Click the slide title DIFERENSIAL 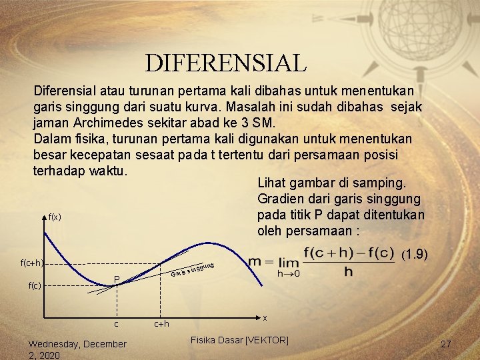coord(226,63)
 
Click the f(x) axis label coord(55,217)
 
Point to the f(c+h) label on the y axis coord(32,263)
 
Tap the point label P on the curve coord(116,279)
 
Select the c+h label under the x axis coord(162,324)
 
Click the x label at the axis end coord(265,319)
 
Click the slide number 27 coord(446,344)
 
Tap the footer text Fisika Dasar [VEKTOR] coord(239,340)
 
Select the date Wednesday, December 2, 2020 coord(77,349)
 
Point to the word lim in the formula coord(283,261)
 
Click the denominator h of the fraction coord(346,273)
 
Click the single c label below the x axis coord(116,324)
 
